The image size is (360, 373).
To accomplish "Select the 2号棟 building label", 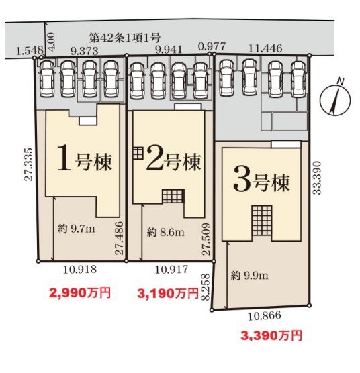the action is pyautogui.click(x=173, y=159).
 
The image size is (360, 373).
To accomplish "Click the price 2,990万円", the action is pyautogui.click(x=80, y=292).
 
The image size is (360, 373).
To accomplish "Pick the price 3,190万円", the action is pyautogui.click(x=168, y=293).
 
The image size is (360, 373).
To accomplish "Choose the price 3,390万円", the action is pyautogui.click(x=271, y=335).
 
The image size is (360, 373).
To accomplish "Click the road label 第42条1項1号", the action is pyautogui.click(x=125, y=38).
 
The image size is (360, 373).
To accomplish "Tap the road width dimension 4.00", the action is pyautogui.click(x=51, y=41).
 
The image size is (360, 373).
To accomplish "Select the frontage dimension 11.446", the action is pyautogui.click(x=265, y=48).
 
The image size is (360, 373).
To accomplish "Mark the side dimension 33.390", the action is pyautogui.click(x=317, y=178).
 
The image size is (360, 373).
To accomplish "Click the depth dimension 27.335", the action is pyautogui.click(x=28, y=164).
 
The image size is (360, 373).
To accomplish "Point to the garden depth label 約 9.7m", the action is pyautogui.click(x=76, y=229).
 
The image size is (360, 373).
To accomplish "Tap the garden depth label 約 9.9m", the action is pyautogui.click(x=249, y=276).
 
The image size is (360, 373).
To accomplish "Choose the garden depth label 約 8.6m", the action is pyautogui.click(x=165, y=232).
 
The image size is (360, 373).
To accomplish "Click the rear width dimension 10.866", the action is pyautogui.click(x=264, y=316).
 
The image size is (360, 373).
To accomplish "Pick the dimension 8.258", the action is pyautogui.click(x=206, y=287).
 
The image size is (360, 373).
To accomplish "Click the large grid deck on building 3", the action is pyautogui.click(x=262, y=221).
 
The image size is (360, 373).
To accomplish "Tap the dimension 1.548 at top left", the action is pyautogui.click(x=30, y=51).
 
